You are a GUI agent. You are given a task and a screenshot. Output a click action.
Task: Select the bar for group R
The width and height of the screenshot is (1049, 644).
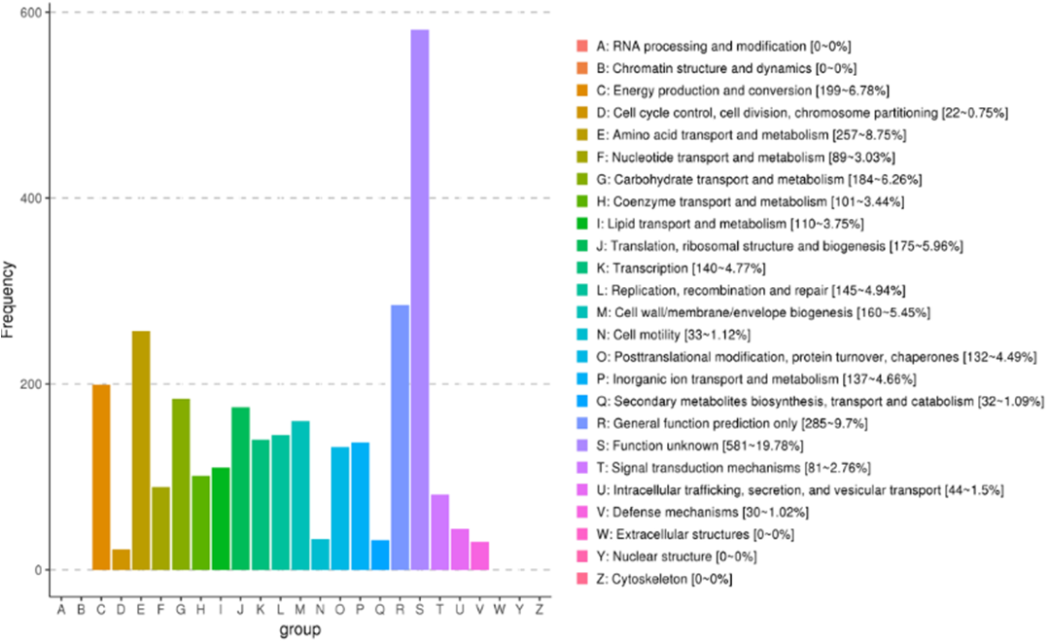click(x=400, y=438)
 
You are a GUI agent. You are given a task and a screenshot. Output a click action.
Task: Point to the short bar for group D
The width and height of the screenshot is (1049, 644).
click(x=122, y=559)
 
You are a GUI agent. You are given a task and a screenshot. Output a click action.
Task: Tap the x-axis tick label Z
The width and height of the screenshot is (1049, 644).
click(x=539, y=610)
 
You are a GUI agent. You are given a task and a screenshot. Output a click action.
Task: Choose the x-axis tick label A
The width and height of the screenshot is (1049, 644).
click(x=61, y=610)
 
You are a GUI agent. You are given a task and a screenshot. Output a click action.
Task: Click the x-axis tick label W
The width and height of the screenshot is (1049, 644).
click(x=499, y=610)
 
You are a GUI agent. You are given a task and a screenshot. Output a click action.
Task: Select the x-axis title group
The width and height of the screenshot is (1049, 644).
click(x=299, y=630)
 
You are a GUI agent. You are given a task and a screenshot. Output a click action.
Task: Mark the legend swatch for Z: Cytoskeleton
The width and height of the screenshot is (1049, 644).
click(x=581, y=579)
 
